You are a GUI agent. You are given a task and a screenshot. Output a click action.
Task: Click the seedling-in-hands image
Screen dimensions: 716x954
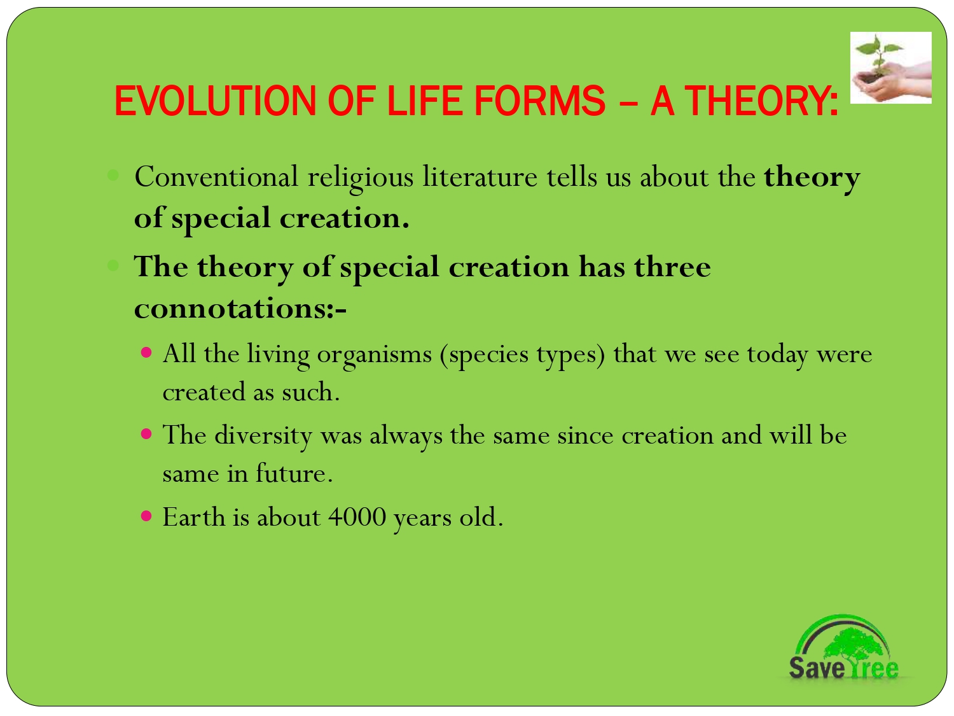890,68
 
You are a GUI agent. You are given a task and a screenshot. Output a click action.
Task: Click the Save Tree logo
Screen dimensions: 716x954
843,649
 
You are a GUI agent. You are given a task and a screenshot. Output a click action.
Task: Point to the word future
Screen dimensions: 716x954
293,474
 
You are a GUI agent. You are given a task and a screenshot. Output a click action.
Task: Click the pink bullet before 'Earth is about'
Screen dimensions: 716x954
147,516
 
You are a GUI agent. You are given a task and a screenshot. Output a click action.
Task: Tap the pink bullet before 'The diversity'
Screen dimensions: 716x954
147,434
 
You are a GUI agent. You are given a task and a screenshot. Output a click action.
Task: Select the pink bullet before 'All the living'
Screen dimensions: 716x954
147,352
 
